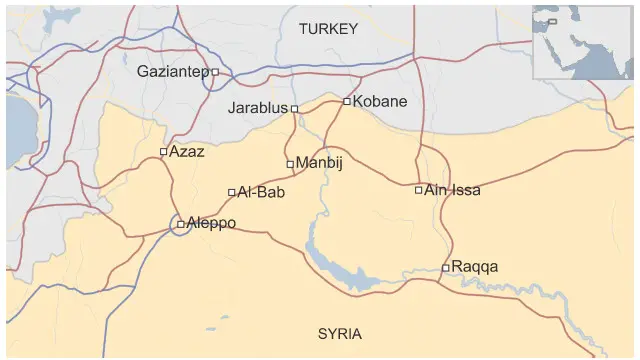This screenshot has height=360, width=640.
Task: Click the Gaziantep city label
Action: (172, 72)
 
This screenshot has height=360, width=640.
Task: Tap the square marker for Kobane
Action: (347, 101)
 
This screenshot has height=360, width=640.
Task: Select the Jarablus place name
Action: (258, 108)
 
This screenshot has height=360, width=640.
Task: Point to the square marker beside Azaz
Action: (164, 152)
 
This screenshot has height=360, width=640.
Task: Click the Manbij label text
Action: (319, 163)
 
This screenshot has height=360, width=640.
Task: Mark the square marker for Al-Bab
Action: (232, 192)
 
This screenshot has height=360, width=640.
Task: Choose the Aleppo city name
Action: (211, 223)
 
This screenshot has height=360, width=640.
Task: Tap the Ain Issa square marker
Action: (419, 189)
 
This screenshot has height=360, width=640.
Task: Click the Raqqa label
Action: (474, 267)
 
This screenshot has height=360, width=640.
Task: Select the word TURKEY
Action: (328, 30)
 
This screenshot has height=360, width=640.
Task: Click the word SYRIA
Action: (340, 334)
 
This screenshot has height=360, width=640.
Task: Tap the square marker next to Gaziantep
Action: (215, 72)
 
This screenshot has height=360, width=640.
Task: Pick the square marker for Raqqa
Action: (446, 267)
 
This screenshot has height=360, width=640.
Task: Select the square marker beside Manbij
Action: (290, 164)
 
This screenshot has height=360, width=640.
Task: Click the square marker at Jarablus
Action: (294, 109)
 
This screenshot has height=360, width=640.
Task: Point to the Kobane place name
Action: (381, 101)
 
